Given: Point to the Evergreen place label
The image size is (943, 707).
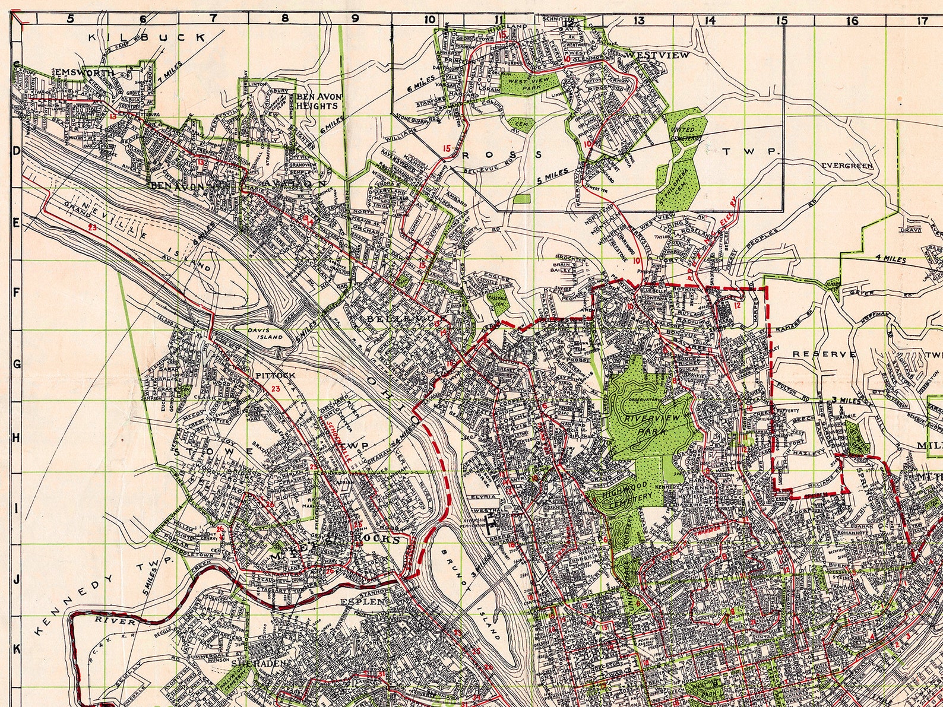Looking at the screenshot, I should [x=847, y=166].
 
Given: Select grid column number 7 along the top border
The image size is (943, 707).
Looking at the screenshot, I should [x=213, y=18].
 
